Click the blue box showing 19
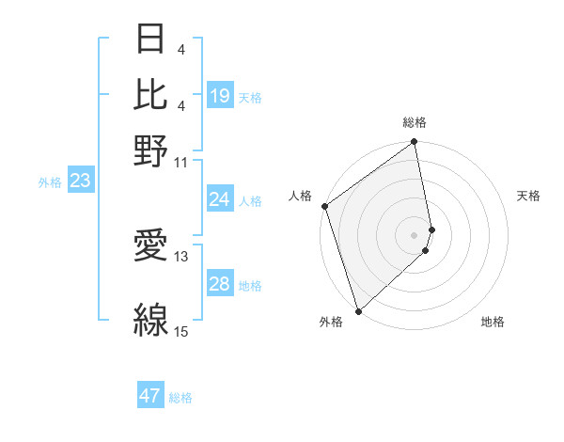pyautogui.click(x=220, y=96)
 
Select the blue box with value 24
pyautogui.click(x=220, y=199)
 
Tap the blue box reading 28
pyautogui.click(x=220, y=284)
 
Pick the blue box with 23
pyautogui.click(x=80, y=181)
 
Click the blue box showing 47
pyautogui.click(x=150, y=396)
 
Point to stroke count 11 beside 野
pyautogui.click(x=181, y=162)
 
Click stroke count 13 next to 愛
pyautogui.click(x=181, y=255)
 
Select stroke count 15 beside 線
pyautogui.click(x=181, y=331)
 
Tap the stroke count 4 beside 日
pyautogui.click(x=180, y=47)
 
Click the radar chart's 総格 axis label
pyautogui.click(x=415, y=122)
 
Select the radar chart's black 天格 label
pyautogui.click(x=529, y=196)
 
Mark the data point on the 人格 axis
pyautogui.click(x=324, y=206)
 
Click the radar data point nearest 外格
pyautogui.click(x=358, y=310)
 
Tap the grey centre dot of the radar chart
pyautogui.click(x=415, y=234)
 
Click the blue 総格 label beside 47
pyautogui.click(x=180, y=398)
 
